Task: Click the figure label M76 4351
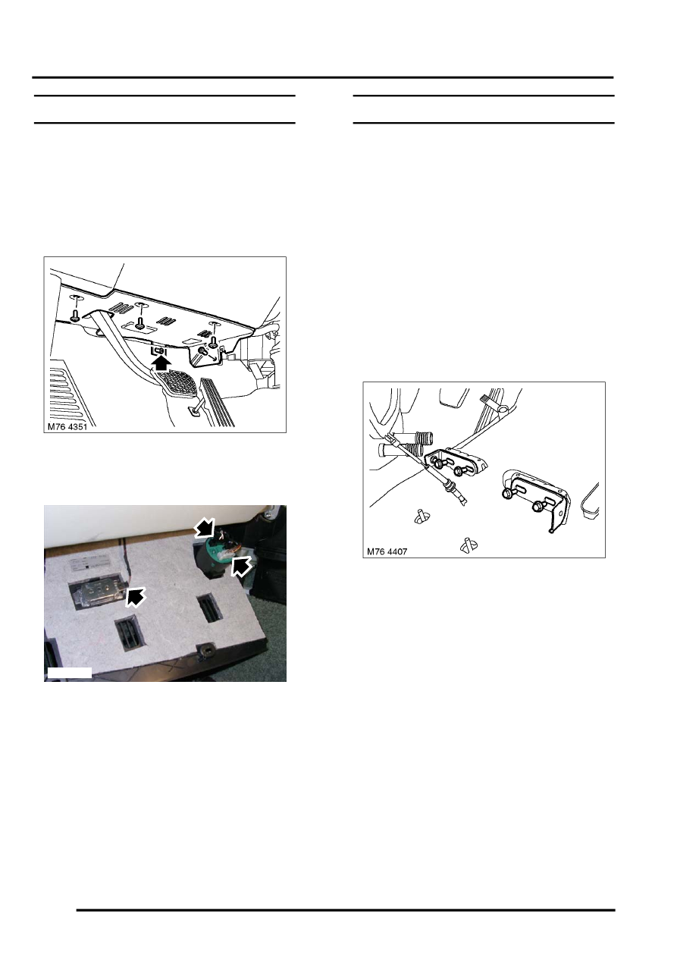coord(67,427)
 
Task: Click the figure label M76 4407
coord(387,551)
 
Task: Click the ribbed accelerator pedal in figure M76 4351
coord(217,401)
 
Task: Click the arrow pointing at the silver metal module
coord(136,597)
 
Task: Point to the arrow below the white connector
coord(241,567)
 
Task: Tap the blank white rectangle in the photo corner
coord(69,672)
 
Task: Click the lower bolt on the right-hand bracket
coord(537,506)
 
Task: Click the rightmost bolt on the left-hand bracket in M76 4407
coord(459,471)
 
